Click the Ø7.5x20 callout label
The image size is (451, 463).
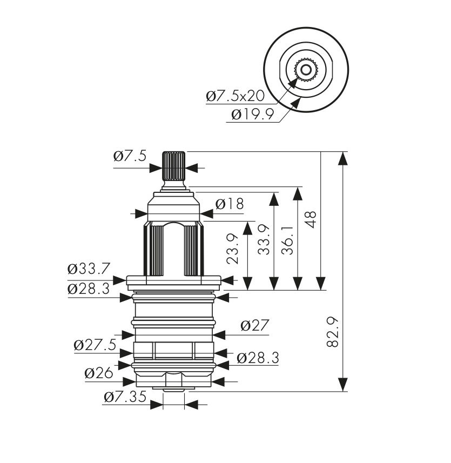coord(235,96)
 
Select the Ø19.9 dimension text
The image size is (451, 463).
coord(253,115)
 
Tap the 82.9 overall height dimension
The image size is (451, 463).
coord(333,332)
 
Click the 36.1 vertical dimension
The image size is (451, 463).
coord(287,240)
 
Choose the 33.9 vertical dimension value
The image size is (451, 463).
coord(263,239)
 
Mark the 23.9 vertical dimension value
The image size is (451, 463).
coord(232,249)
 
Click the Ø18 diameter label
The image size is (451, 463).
coord(230,204)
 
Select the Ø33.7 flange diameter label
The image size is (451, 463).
coord(89,269)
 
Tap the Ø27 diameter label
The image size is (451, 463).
coord(255,326)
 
